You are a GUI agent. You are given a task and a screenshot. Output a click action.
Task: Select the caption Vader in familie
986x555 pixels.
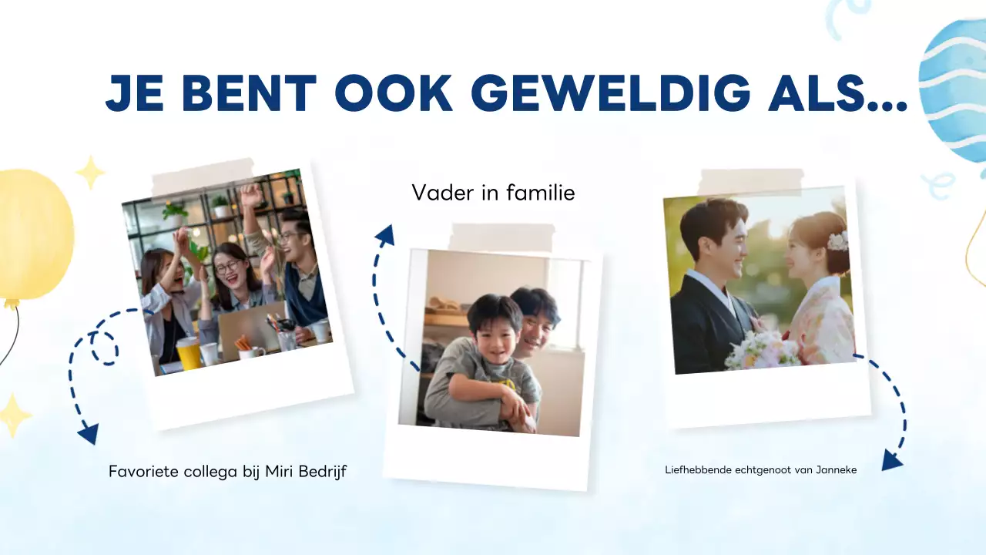(493, 193)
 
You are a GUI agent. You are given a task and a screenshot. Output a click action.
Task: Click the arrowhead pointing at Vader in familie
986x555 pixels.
(384, 234)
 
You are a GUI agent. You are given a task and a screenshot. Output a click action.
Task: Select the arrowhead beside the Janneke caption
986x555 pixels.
(891, 460)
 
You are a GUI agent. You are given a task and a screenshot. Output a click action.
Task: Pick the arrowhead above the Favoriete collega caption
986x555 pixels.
(89, 434)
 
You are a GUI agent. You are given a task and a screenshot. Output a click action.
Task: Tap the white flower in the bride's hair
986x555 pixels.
(837, 240)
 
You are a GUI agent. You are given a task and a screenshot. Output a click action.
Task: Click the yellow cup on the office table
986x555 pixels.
(188, 353)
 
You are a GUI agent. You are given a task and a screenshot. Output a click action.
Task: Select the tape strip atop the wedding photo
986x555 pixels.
(750, 182)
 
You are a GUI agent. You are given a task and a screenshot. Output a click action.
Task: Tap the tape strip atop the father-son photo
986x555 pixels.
(501, 237)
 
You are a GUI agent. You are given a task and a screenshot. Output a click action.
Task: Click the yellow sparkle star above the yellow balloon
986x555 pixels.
(89, 172)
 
